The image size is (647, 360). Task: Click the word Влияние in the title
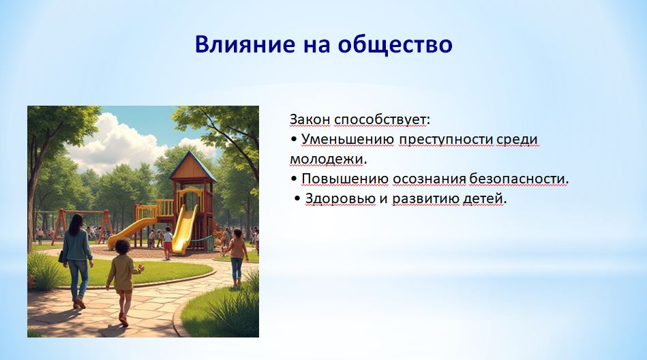[x=245, y=44]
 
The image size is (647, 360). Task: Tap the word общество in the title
[x=395, y=44]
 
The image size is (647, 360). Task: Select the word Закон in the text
[x=310, y=119]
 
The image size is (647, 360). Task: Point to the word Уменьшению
[x=348, y=140]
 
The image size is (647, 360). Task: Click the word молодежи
[x=327, y=160]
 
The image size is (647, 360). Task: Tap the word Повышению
[x=345, y=179]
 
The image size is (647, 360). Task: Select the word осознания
[x=429, y=179]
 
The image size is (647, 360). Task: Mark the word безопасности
[x=517, y=179]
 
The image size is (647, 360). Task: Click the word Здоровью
[x=340, y=198]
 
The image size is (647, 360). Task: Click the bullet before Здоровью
[x=297, y=198]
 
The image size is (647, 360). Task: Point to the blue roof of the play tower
[x=192, y=166]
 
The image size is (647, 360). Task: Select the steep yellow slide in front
[x=185, y=228]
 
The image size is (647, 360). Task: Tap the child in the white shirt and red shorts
[x=168, y=243]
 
